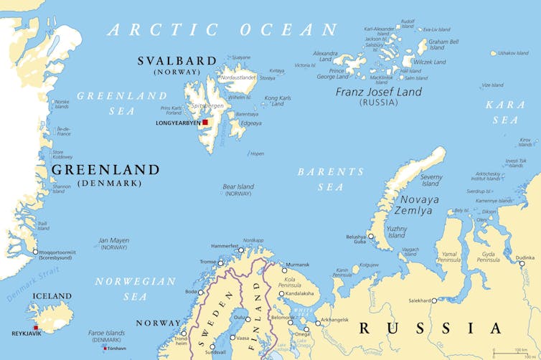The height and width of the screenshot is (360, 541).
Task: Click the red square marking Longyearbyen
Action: pyautogui.click(x=204, y=123)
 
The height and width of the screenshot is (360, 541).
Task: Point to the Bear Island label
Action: pyautogui.click(x=238, y=190)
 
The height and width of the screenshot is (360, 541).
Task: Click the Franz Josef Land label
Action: pyautogui.click(x=378, y=92)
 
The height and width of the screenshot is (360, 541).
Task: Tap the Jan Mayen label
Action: pyautogui.click(x=113, y=244)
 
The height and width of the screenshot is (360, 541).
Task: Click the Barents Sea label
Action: pyautogui.click(x=331, y=179)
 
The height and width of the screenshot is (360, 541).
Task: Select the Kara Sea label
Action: pyautogui.click(x=505, y=113)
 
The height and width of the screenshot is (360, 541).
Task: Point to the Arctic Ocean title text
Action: pyautogui.click(x=222, y=29)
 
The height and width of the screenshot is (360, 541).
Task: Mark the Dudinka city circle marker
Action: pyautogui.click(x=522, y=263)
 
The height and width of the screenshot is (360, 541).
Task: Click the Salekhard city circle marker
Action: pyautogui.click(x=434, y=300)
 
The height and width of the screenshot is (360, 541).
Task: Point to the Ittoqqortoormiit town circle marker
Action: pyautogui.click(x=34, y=252)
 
